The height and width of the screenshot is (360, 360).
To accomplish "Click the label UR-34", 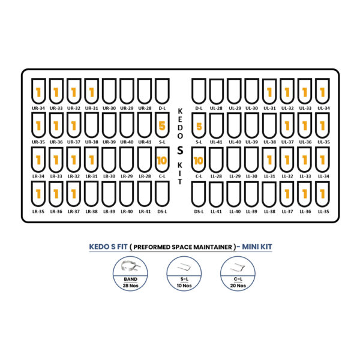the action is tap(38, 108).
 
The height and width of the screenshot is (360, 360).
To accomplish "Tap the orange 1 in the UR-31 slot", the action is tap(92, 92).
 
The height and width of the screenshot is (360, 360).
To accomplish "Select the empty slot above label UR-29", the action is tap(127, 91).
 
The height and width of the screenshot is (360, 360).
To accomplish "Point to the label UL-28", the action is tap(216, 108).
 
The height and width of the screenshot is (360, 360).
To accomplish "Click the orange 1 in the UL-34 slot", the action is tap(323, 92).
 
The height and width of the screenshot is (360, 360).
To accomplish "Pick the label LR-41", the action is tap(145, 211).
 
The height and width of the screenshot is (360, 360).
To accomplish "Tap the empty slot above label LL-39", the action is tap(251, 194).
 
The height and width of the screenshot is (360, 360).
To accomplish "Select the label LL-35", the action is tap(323, 211).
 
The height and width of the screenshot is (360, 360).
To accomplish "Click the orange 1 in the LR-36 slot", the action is tap(56, 194).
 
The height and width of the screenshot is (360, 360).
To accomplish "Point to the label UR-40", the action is tap(127, 142).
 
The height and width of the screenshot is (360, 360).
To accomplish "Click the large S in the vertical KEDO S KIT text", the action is tap(180, 151).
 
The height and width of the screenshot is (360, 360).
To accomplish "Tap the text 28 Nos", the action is tap(130, 286).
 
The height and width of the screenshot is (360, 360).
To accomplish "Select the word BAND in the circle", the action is tap(130, 279).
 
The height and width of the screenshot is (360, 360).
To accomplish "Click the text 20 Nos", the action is tap(238, 286).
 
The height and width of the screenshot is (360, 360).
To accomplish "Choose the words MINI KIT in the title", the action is tap(257, 247).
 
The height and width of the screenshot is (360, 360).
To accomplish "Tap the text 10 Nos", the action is tap(184, 286).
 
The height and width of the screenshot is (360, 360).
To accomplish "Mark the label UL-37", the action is tap(287, 142).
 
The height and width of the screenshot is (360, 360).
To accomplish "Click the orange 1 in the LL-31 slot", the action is tap(269, 160).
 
